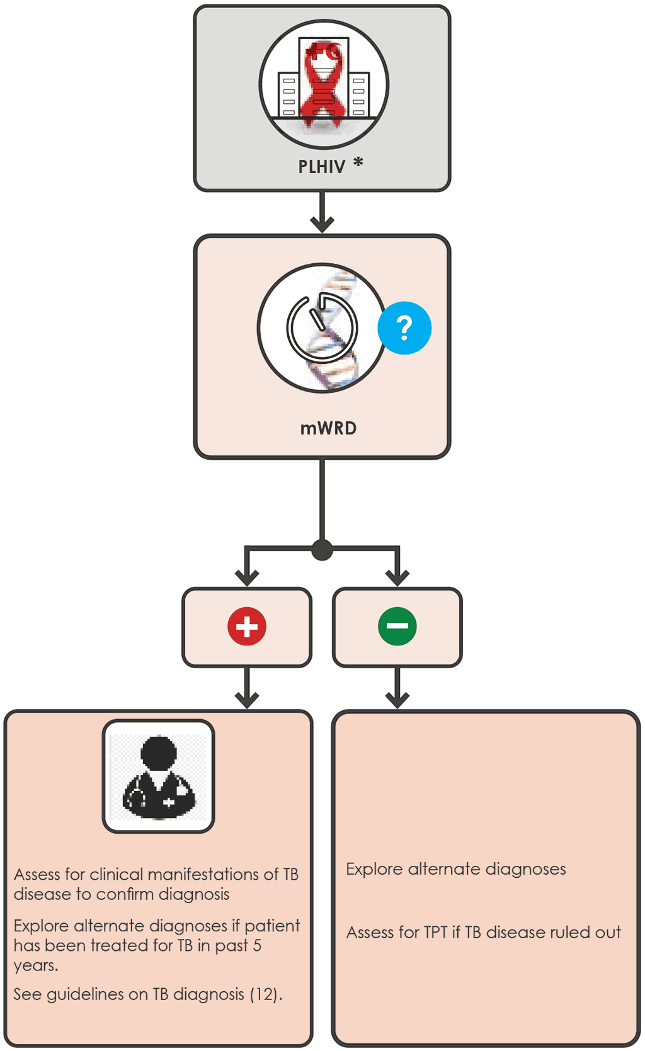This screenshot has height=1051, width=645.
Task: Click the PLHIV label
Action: click(x=321, y=167)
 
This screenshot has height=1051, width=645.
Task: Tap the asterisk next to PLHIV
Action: click(x=358, y=162)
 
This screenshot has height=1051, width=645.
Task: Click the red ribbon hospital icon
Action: click(x=324, y=84)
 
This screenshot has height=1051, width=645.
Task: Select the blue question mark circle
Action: click(x=404, y=327)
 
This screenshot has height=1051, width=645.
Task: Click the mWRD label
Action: click(x=328, y=428)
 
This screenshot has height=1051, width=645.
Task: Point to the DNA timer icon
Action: click(x=322, y=328)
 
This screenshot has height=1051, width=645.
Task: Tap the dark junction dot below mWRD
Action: click(x=322, y=550)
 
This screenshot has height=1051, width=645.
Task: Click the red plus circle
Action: click(x=247, y=627)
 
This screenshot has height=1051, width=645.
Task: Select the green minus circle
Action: click(x=397, y=627)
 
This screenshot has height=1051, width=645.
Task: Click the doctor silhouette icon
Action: click(x=159, y=776)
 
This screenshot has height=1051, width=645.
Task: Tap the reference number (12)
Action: click(x=263, y=994)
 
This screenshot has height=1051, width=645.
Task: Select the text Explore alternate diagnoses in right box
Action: click(x=455, y=869)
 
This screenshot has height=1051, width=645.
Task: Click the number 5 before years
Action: click(x=257, y=945)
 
